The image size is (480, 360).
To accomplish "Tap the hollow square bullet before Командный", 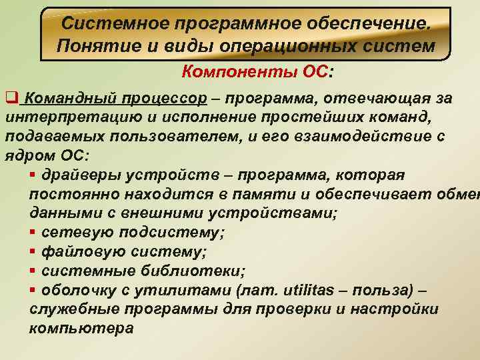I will coord(10,99).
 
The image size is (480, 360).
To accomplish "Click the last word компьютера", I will coord(82,329).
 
